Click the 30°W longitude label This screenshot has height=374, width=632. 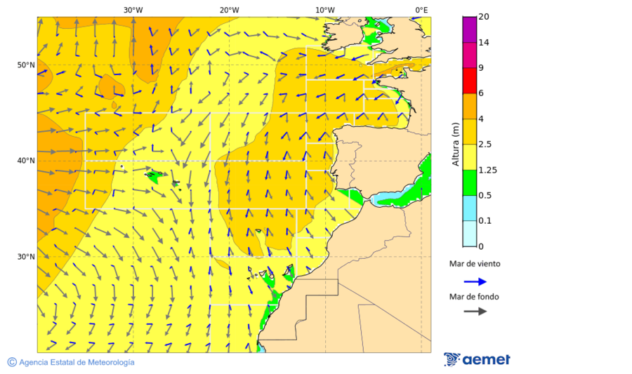(133, 10)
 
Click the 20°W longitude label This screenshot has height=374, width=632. (229, 10)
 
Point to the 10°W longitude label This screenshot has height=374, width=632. (324, 10)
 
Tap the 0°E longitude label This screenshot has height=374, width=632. (421, 10)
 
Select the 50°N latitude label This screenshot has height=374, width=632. (26, 65)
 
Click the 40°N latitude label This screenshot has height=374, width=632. (26, 161)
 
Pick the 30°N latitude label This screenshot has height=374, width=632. (26, 257)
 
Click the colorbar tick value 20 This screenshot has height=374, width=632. (483, 17)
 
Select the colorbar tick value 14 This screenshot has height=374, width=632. (483, 43)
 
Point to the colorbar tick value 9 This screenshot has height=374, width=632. (480, 68)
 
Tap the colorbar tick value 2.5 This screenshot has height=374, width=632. (485, 145)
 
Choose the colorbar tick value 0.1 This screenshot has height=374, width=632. (485, 221)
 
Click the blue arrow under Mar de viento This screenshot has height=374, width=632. (475, 281)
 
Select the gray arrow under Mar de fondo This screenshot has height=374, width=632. (475, 311)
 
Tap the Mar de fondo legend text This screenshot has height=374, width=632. (474, 297)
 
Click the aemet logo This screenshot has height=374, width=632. (478, 359)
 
